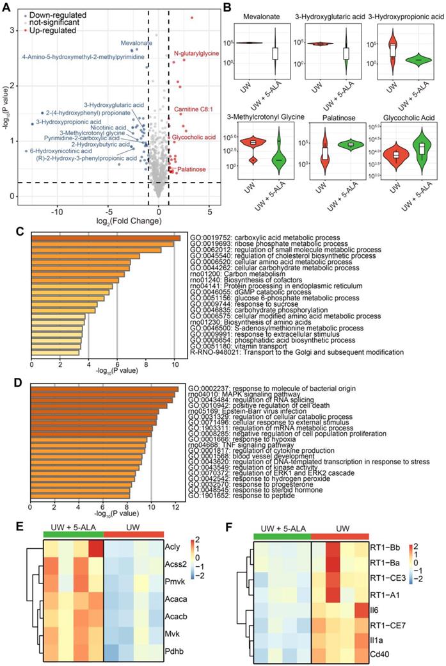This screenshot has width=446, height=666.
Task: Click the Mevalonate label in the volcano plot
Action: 136,43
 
